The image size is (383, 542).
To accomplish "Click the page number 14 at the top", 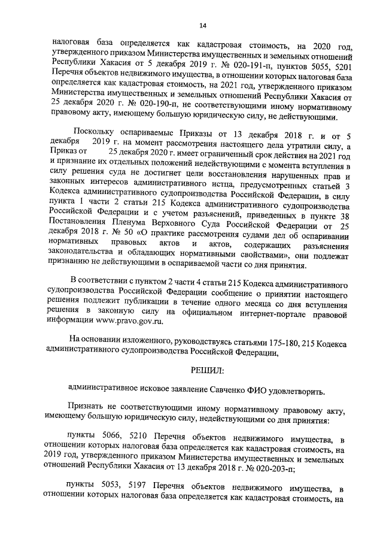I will (x=203, y=25).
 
